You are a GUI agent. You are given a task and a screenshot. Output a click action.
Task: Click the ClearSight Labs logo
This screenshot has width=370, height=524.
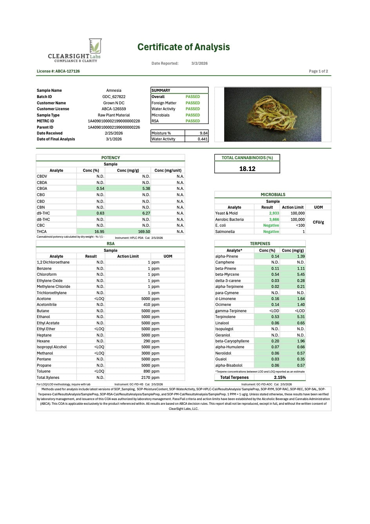pyautogui.click(x=74, y=51)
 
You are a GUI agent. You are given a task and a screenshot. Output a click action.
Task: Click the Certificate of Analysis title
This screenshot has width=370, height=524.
pyautogui.click(x=183, y=47)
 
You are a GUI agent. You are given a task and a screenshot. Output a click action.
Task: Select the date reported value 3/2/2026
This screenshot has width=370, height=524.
pyautogui.click(x=200, y=63)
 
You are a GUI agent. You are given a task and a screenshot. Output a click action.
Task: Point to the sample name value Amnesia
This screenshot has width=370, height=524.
pyautogui.click(x=114, y=91)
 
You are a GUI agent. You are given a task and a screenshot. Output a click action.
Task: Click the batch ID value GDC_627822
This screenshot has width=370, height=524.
pyautogui.click(x=114, y=97)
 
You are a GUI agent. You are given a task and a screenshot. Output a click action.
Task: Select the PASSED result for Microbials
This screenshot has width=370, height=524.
pyautogui.click(x=192, y=115)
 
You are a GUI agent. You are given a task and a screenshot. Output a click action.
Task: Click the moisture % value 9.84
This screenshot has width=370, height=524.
pyautogui.click(x=203, y=133)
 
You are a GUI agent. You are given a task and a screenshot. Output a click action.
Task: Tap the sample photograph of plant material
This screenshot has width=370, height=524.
pyautogui.click(x=272, y=114)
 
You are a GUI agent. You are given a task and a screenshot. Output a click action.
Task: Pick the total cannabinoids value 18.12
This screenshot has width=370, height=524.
pyautogui.click(x=247, y=169)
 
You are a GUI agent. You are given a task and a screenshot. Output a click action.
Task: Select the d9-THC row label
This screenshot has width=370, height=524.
pyautogui.click(x=43, y=213)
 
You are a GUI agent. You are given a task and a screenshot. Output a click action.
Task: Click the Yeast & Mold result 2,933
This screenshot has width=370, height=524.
pyautogui.click(x=274, y=213)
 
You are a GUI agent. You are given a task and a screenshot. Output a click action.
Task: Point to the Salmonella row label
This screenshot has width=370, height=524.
pyautogui.click(x=225, y=232)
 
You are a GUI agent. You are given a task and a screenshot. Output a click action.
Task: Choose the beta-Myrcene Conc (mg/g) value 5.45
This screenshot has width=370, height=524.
pyautogui.click(x=301, y=275)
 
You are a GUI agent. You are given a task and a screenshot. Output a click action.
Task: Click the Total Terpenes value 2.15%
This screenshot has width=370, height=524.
pyautogui.click(x=280, y=378)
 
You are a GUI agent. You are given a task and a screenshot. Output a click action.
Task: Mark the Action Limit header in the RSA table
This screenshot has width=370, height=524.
pyautogui.click(x=128, y=257)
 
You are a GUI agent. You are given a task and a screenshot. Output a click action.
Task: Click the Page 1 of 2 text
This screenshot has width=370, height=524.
pyautogui.click(x=318, y=71)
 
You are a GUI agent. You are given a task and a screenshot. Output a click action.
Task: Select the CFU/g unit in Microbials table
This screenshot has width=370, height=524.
pyautogui.click(x=318, y=222)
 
